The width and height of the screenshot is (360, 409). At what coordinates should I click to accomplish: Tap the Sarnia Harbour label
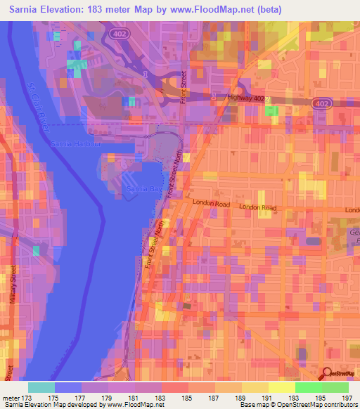click(x=77, y=144)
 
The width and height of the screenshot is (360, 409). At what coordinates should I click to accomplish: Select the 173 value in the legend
click(x=27, y=397)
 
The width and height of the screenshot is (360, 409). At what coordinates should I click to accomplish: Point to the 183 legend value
click(x=162, y=397)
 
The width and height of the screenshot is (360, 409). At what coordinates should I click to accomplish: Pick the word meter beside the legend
click(x=10, y=397)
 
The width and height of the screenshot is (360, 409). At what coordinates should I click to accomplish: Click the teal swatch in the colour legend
click(x=41, y=387)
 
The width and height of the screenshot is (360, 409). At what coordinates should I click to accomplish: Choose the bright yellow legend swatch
click(x=282, y=387)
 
